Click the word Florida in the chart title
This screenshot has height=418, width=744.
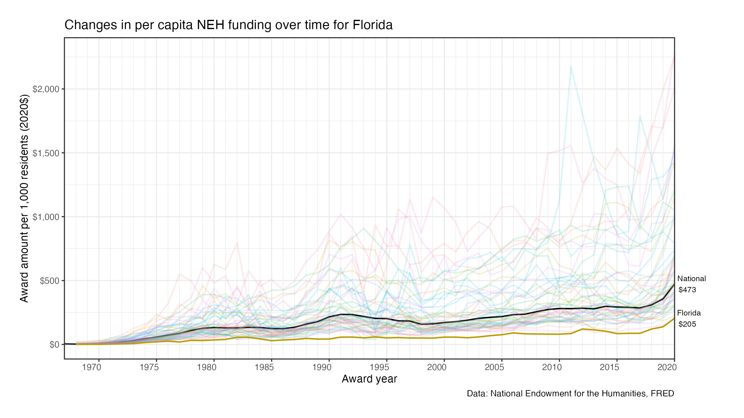[372, 25]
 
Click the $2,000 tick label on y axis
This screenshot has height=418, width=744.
[46, 89]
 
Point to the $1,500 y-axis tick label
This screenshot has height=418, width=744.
[46, 153]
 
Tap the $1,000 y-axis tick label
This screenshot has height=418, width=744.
[46, 217]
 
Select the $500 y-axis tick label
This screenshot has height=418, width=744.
[49, 281]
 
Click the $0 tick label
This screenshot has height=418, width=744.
[54, 345]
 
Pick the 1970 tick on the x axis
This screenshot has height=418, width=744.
[91, 368]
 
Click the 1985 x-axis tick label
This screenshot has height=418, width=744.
[264, 368]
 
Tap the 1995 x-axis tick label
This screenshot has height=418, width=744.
[379, 368]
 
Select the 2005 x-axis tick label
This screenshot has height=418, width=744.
[494, 368]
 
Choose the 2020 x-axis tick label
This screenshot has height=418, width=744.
[667, 368]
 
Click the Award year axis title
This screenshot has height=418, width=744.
[369, 379]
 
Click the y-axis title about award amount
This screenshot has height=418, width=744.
[24, 198]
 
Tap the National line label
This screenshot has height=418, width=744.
[691, 279]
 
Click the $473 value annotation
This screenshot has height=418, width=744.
[687, 290]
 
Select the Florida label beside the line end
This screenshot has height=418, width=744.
[689, 313]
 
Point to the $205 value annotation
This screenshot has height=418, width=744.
[687, 324]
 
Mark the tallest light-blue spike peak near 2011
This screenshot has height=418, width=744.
[571, 66]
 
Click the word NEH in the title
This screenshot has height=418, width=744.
[210, 25]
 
